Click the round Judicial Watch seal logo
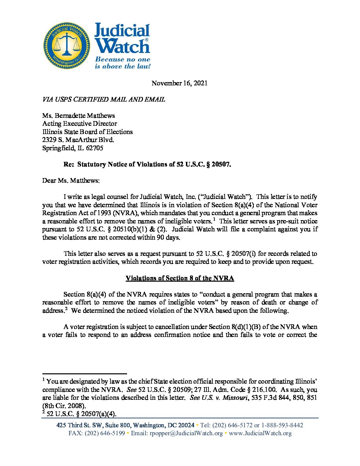click(67, 46)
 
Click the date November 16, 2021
click(179, 83)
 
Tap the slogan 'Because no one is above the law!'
click(122, 63)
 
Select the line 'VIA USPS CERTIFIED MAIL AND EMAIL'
click(104, 99)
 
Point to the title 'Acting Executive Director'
click(79, 123)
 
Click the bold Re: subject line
click(147, 164)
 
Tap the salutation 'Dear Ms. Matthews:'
click(70, 180)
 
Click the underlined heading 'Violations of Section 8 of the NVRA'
click(180, 278)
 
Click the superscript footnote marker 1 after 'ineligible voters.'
click(214, 219)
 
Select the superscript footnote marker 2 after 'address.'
click(66, 309)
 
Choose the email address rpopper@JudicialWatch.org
click(186, 433)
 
